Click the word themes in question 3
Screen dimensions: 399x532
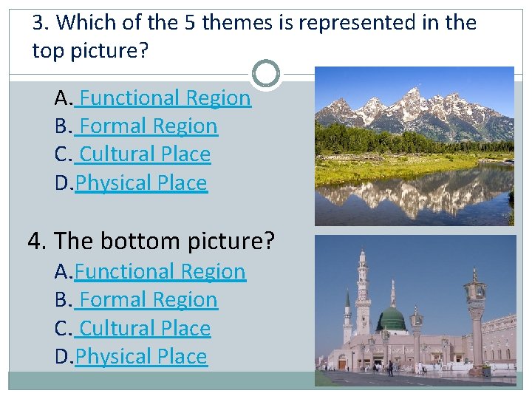[x=236, y=23]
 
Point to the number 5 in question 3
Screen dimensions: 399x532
[x=189, y=23]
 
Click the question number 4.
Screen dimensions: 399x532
[x=35, y=241]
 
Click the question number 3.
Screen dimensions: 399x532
[x=40, y=23]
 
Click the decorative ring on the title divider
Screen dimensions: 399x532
[x=266, y=74]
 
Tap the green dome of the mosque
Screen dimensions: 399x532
[x=391, y=320]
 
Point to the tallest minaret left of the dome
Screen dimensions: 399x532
[x=362, y=296]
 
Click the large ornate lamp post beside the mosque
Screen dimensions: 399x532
[x=474, y=310]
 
